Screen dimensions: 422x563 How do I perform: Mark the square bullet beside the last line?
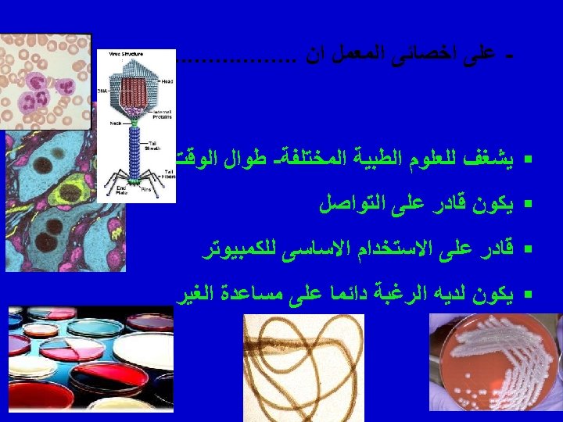click(529, 297)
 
